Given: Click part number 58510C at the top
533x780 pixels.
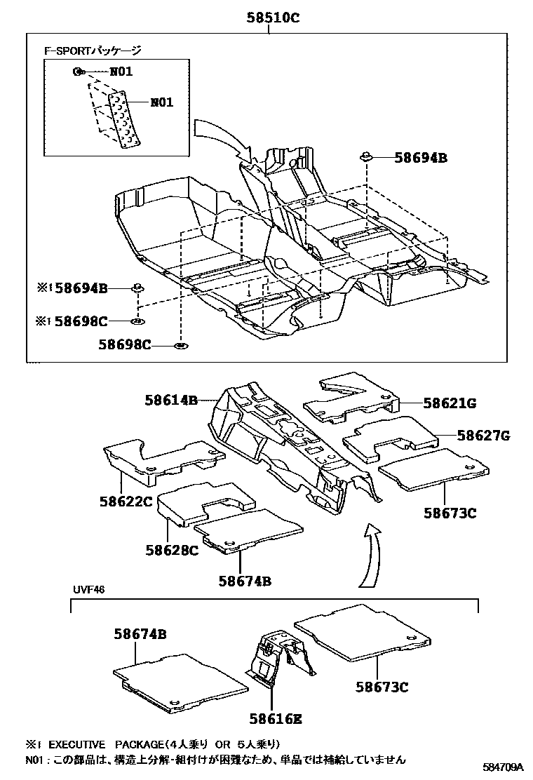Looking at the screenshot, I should (x=272, y=19).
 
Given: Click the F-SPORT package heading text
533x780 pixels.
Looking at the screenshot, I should (x=92, y=51).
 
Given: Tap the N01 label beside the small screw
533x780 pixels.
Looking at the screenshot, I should (x=120, y=71).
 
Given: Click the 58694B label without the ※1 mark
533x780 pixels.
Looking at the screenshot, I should (x=420, y=158).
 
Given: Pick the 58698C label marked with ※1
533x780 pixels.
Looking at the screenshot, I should (x=81, y=321).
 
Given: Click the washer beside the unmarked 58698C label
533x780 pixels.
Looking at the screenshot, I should (x=180, y=346).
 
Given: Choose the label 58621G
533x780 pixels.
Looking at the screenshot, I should (x=450, y=403).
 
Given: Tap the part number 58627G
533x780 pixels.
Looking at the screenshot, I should (x=483, y=436).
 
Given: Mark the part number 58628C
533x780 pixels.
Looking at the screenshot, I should (x=172, y=550).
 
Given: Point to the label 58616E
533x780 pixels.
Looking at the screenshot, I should (x=276, y=718).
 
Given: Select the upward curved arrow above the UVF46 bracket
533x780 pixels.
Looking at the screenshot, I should (x=370, y=554).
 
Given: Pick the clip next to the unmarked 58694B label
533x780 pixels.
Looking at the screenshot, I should (x=366, y=157).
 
